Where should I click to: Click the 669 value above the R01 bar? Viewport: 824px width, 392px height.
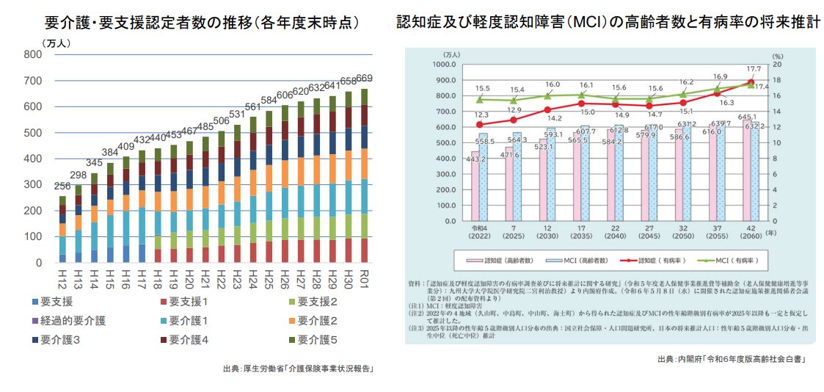364,79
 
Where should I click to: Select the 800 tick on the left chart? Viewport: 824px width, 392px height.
32,54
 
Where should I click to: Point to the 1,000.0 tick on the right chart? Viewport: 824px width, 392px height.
441,65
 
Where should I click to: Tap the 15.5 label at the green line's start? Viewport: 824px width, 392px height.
481,88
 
